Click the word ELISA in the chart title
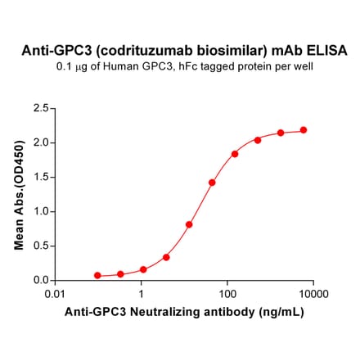pos(326,51)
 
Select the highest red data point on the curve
pos(304,130)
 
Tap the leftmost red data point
pos(98,276)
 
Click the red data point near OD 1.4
pos(212,183)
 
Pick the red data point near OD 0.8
pos(189,224)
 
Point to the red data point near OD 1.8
pos(235,154)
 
